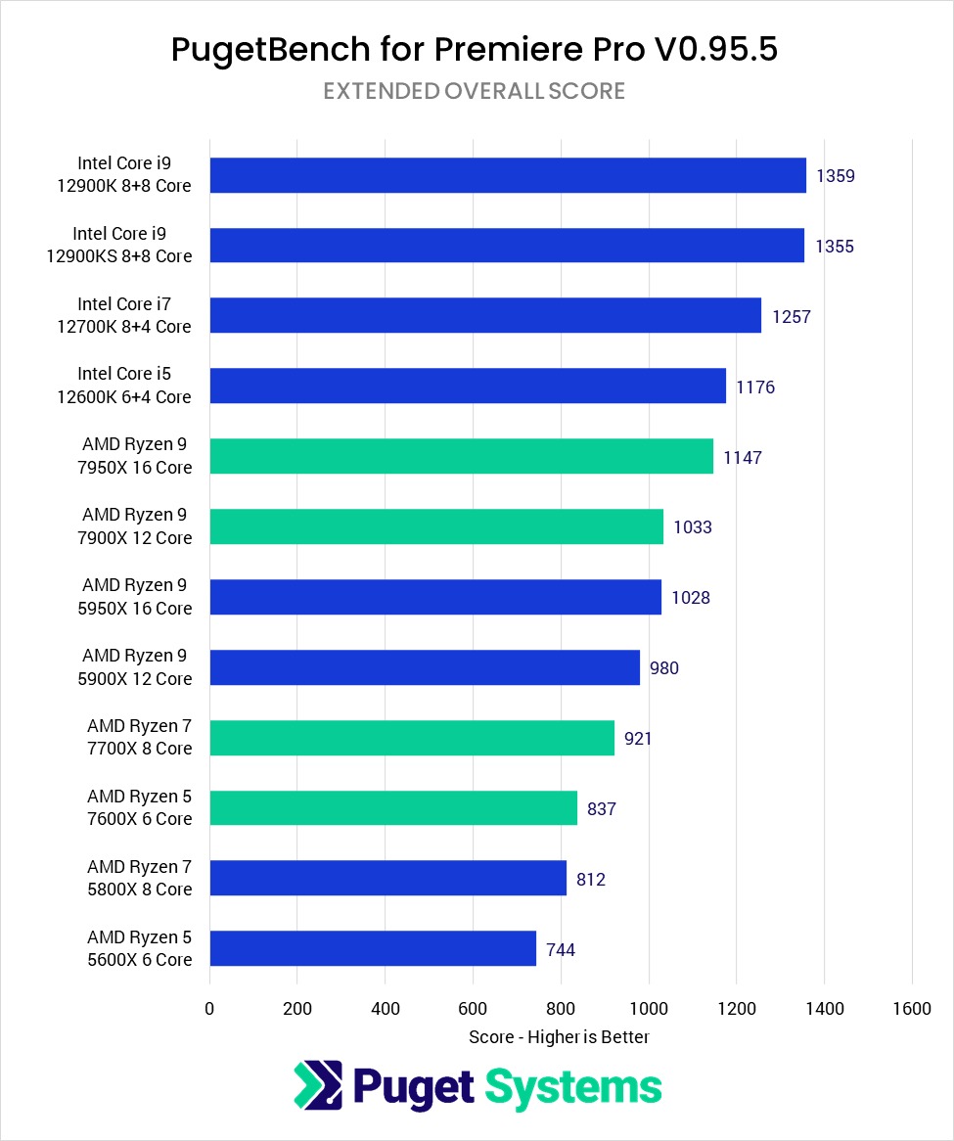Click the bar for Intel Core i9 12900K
point(507,175)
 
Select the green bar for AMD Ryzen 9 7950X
point(461,456)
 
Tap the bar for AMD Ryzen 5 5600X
point(373,948)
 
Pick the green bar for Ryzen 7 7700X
point(412,738)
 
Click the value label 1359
point(836,176)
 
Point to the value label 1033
point(693,527)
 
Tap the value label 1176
point(755,388)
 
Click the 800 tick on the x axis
point(561,1009)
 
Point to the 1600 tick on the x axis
point(912,1009)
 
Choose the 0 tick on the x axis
point(209,1009)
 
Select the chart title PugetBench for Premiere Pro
point(475,50)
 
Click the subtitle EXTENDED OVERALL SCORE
point(475,91)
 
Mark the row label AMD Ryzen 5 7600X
point(139,807)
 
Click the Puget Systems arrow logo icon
point(318,1086)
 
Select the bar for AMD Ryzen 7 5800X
point(387,878)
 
